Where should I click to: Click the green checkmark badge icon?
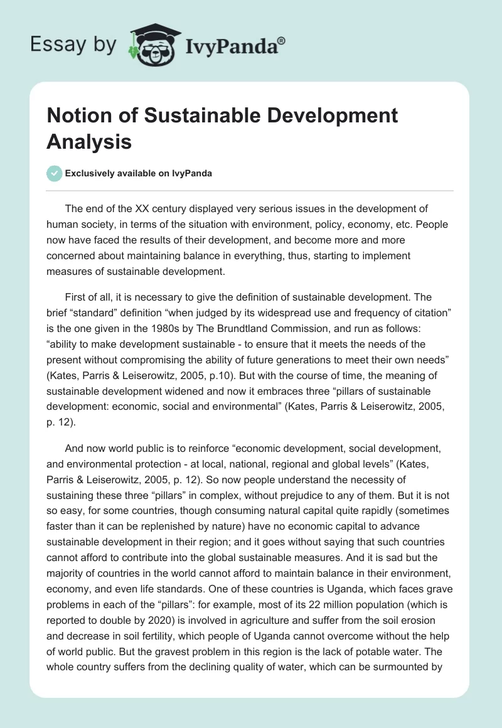[55, 173]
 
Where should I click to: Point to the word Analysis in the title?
[89, 142]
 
